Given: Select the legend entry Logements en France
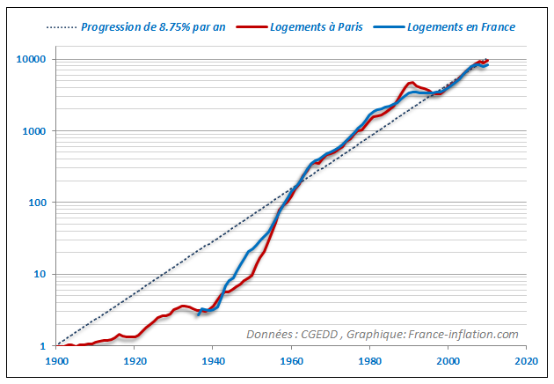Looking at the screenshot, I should click(462, 26).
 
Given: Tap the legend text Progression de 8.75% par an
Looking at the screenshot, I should click(153, 26).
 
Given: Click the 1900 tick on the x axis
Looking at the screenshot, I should click(56, 361).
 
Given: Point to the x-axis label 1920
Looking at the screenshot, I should click(135, 361).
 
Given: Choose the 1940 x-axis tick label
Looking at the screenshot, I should click(213, 361).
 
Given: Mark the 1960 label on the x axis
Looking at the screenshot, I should click(291, 361).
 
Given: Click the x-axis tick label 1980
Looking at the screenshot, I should click(369, 361).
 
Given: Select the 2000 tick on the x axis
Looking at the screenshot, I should click(448, 361).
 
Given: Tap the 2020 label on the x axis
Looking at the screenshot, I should click(526, 361).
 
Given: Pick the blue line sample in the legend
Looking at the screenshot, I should click(390, 26).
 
